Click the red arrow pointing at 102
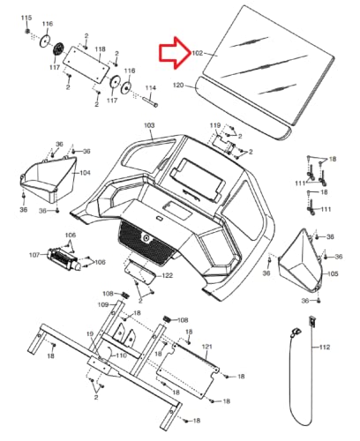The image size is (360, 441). (174, 53)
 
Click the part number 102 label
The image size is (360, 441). (198, 53)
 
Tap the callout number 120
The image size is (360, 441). (178, 86)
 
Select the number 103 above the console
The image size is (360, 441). (149, 125)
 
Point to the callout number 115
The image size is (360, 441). (26, 18)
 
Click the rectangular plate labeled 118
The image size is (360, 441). (86, 64)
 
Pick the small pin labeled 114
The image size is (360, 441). (150, 101)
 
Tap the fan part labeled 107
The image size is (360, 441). (64, 259)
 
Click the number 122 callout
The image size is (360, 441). (168, 276)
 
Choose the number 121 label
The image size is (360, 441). (207, 347)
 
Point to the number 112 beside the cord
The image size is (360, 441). (325, 348)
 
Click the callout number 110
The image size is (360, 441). (121, 355)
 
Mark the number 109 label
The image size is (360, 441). (103, 304)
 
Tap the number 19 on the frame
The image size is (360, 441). (90, 334)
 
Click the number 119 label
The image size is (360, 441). (215, 125)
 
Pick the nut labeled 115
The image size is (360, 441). (27, 31)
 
